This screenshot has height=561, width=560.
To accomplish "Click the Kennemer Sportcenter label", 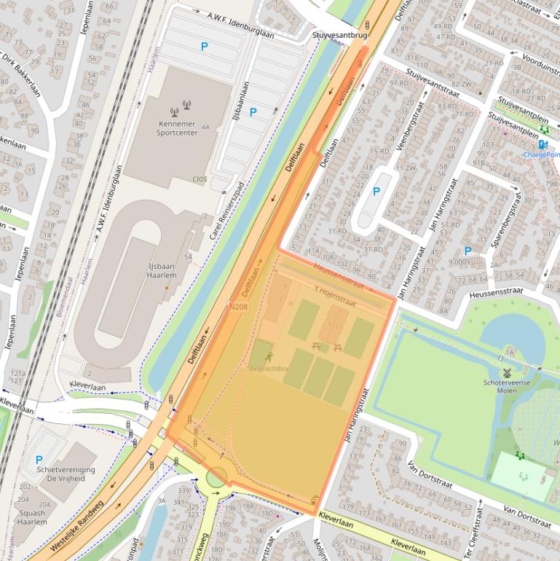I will coord(178,129).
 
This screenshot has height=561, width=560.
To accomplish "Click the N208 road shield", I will coord(238,307).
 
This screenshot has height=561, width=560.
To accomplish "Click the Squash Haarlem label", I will coord(31,517).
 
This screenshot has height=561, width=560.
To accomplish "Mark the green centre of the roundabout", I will coord(216,478).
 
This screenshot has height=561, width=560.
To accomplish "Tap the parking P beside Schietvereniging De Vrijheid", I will coord(39,460).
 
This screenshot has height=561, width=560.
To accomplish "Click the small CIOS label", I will coord(199,178).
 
